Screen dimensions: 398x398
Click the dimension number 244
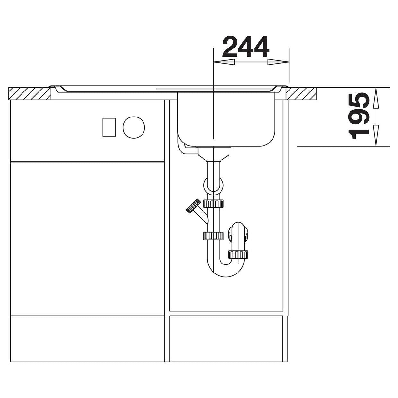pos(246,47)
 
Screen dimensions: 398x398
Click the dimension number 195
pos(359,116)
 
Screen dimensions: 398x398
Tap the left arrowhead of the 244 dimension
pos(224,62)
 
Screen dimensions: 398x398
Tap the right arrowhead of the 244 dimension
pos(278,62)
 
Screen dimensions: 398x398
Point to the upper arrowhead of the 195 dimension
pos(376,98)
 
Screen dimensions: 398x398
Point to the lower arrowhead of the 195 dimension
pos(376,135)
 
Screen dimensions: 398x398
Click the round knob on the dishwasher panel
pos(134,127)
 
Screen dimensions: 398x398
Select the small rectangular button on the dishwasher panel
pos(109,127)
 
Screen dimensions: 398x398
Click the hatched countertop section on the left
pos(30,93)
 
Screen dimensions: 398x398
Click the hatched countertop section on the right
pos(301,93)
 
